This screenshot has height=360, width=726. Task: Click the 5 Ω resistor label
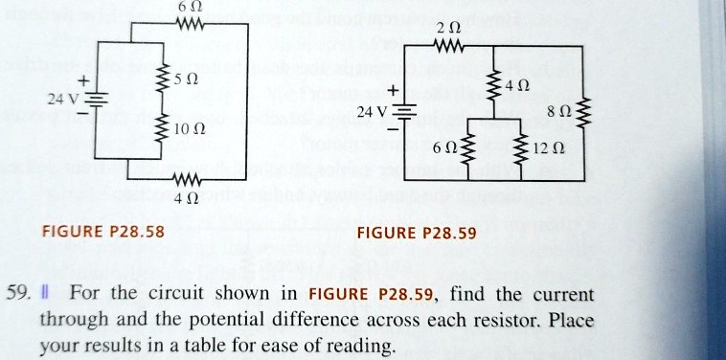(186, 79)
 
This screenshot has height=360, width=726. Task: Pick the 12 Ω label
(555, 148)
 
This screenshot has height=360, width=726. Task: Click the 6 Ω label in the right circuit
(445, 148)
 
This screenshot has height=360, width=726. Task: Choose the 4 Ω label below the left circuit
(185, 200)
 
